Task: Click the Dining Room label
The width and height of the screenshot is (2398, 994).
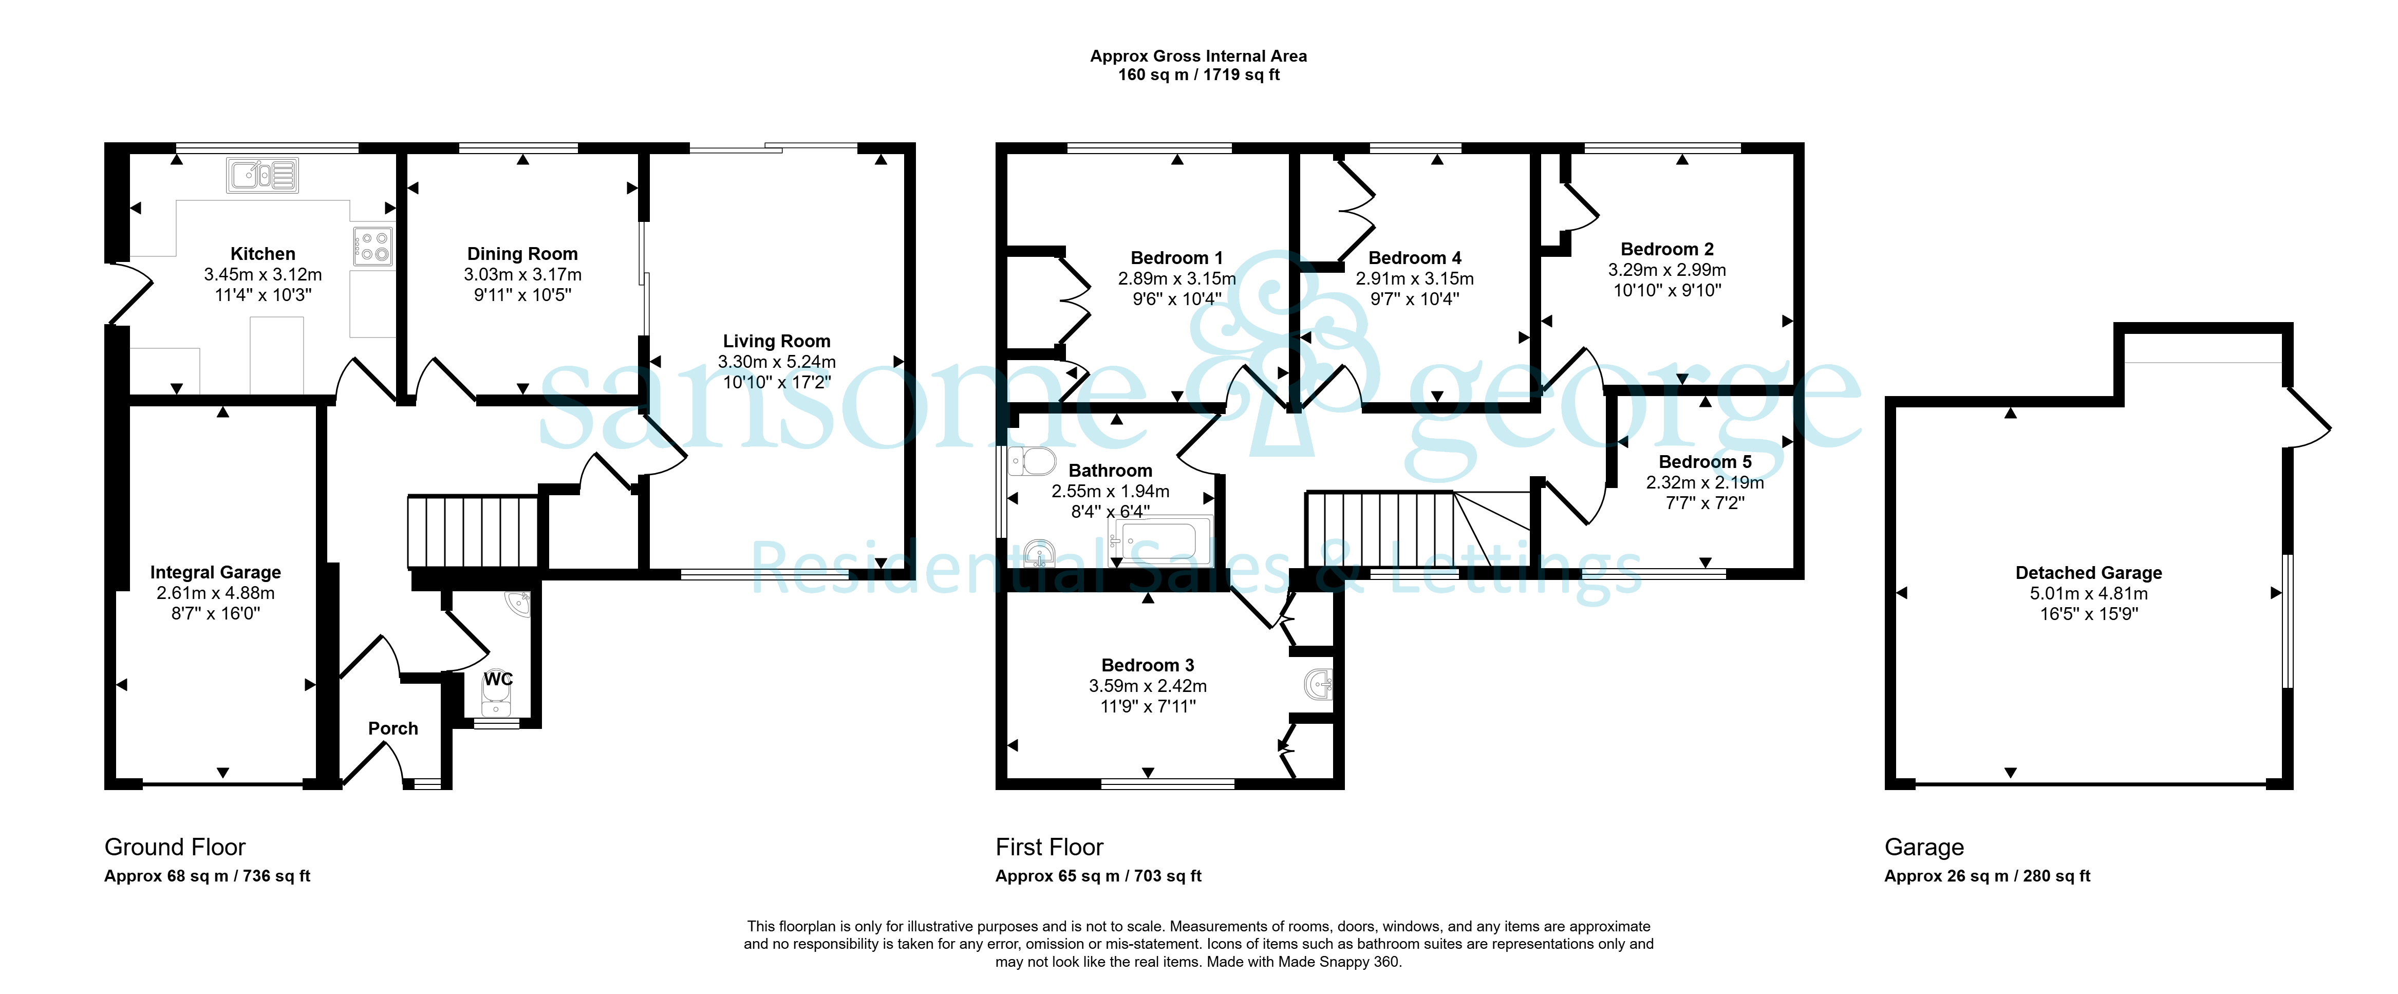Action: click(x=522, y=254)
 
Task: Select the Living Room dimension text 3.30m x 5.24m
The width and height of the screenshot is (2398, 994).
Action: click(x=776, y=362)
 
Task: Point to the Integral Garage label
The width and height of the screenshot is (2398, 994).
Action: click(x=215, y=572)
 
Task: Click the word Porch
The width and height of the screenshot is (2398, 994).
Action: click(x=393, y=729)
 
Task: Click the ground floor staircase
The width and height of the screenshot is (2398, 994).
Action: click(x=473, y=532)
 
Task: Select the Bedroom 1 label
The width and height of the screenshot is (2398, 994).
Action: click(x=1177, y=258)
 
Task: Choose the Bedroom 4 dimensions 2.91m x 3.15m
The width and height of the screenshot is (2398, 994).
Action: click(x=1414, y=278)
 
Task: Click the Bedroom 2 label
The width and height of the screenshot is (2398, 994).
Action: click(x=1666, y=250)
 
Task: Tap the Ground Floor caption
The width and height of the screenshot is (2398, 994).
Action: click(x=175, y=847)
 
